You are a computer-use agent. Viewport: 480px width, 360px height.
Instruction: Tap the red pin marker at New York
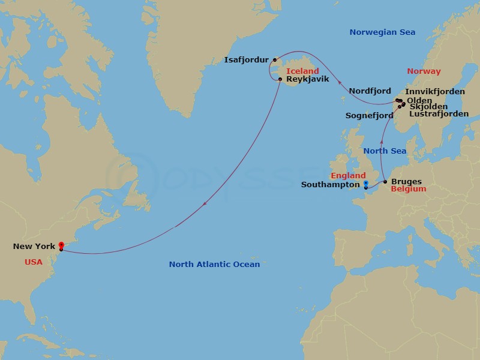[x=61, y=245]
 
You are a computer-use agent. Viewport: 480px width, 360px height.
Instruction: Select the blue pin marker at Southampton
[x=365, y=184]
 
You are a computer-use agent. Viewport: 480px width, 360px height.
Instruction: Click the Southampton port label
[x=329, y=185]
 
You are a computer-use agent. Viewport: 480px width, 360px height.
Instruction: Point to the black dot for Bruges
[x=385, y=181]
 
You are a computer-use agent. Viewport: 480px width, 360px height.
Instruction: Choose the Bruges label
[x=406, y=181]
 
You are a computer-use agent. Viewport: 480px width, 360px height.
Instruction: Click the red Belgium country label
[x=408, y=189]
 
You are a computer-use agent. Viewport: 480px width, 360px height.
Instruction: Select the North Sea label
[x=385, y=151]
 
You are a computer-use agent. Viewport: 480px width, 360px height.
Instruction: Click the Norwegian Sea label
[x=382, y=32]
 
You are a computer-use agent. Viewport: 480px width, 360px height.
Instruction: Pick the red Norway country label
[x=424, y=71]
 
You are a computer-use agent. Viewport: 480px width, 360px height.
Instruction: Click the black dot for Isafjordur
[x=274, y=59]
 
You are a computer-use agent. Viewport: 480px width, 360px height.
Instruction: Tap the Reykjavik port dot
[x=280, y=79]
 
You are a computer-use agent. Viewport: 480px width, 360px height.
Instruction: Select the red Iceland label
[x=302, y=71]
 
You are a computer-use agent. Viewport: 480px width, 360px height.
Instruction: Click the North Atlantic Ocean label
[x=214, y=264]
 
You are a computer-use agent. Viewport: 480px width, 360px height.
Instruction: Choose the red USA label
[x=34, y=262]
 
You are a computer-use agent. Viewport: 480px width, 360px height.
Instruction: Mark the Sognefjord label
[x=370, y=115]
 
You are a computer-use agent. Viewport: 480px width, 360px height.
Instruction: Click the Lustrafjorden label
[x=439, y=113]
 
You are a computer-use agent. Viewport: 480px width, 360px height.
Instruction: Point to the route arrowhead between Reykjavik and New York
[x=205, y=204]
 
